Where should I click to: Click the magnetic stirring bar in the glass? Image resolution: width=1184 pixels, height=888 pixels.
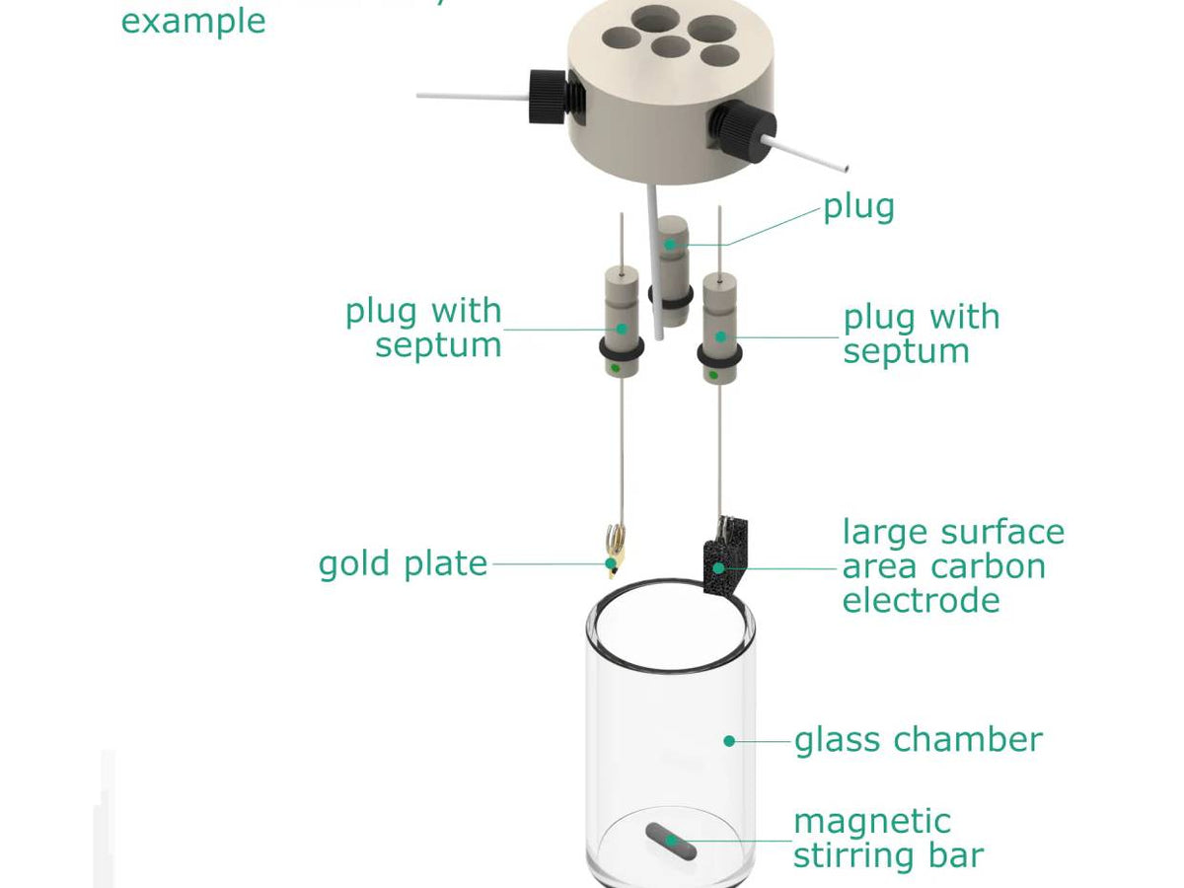point(671,841)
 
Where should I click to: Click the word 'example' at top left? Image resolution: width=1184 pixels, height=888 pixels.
point(193,22)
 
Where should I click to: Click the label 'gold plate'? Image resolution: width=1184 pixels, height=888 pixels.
point(403,564)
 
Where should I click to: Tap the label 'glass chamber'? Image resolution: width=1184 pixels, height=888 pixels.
point(918,740)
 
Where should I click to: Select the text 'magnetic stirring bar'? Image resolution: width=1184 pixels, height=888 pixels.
point(888,839)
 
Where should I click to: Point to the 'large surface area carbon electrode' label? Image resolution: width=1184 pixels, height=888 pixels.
point(952,565)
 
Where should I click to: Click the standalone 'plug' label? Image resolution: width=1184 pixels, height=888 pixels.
point(858,207)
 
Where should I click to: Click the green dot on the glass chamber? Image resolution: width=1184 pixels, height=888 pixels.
point(729,740)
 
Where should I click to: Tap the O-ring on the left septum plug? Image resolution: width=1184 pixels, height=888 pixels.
point(620,349)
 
